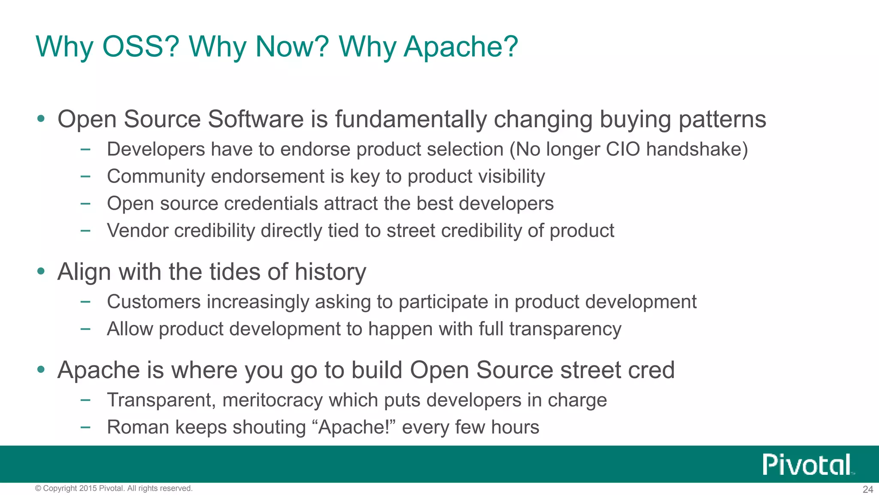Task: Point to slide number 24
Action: pyautogui.click(x=868, y=489)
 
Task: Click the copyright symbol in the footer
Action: pyautogui.click(x=38, y=489)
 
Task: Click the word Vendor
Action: pyautogui.click(x=137, y=231)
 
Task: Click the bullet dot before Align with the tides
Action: pyautogui.click(x=41, y=271)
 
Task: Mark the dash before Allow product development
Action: pyautogui.click(x=85, y=329)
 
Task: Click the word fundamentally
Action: pyautogui.click(x=411, y=119)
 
